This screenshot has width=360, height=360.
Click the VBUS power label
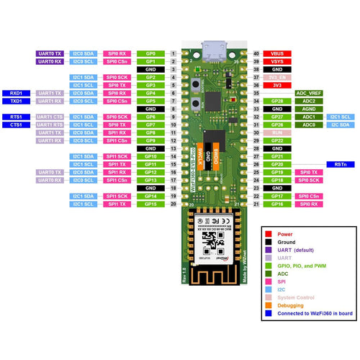[x=276, y=54]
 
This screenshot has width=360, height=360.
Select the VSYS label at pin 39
[x=276, y=62]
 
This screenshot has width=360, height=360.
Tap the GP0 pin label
[x=150, y=54]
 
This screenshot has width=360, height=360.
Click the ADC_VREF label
[x=309, y=94]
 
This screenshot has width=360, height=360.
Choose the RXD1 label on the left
[x=16, y=94]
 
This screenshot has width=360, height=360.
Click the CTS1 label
[x=16, y=125]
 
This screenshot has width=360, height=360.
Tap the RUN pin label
[x=276, y=133]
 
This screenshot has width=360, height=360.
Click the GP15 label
[x=150, y=204]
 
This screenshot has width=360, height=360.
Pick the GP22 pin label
[x=276, y=141]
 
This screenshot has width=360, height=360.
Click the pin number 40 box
[x=256, y=54]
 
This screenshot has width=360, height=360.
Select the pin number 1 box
[x=173, y=54]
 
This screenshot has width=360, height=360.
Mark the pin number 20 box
[x=173, y=204]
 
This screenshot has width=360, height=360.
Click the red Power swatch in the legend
[x=269, y=233]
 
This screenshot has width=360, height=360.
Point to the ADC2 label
[x=309, y=102]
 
